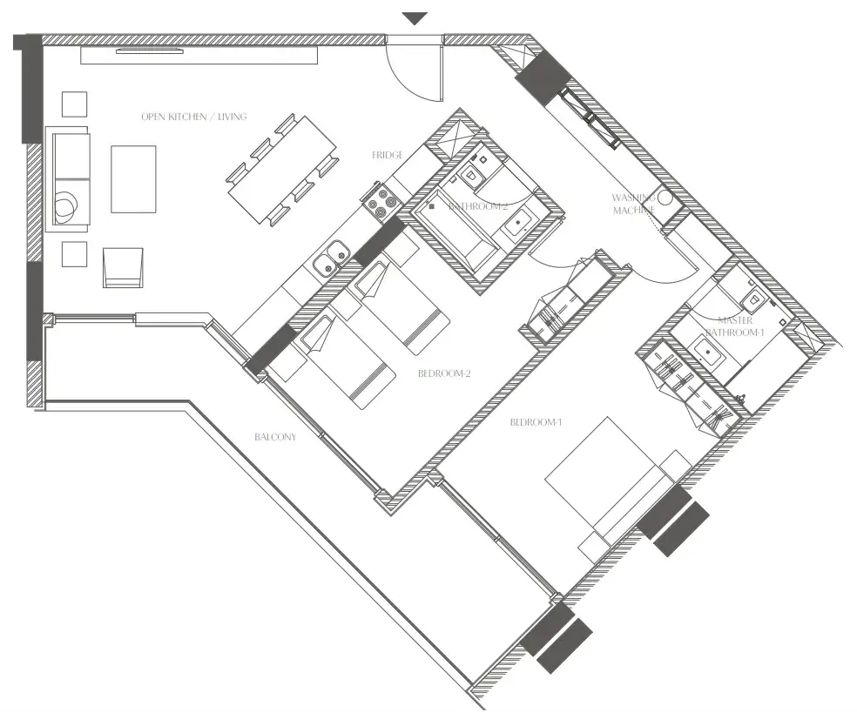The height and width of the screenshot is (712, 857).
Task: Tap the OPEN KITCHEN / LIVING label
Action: coord(194,117)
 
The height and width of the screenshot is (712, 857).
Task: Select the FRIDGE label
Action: coord(388,155)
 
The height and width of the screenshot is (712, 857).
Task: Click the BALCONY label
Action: coord(275,437)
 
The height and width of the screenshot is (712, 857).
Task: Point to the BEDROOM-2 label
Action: coord(444,374)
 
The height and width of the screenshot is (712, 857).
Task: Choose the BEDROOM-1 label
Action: coord(536,423)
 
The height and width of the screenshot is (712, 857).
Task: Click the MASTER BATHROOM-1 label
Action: coord(735,326)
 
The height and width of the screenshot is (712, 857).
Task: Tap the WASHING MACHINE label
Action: coord(633,205)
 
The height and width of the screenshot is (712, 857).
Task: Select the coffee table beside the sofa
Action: coord(133,178)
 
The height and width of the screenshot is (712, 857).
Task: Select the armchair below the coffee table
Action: coord(123,266)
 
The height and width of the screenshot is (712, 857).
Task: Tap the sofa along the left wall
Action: coord(71,178)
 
